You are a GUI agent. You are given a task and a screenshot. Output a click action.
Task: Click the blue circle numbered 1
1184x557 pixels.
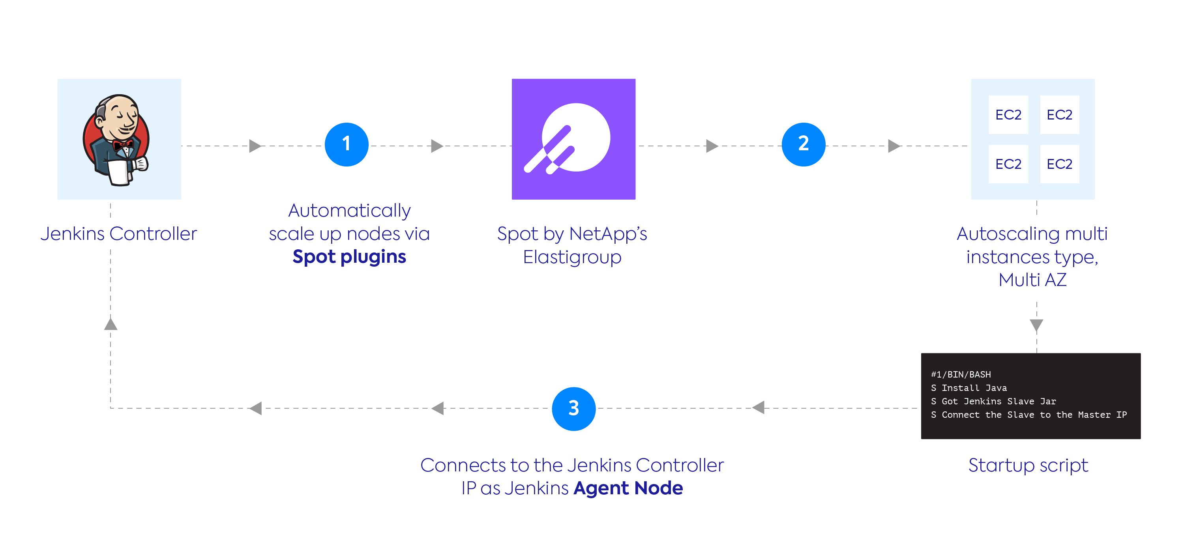[347, 144]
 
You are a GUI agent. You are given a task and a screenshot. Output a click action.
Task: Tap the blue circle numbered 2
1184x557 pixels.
[803, 144]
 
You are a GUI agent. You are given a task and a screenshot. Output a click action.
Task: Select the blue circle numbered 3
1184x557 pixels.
[573, 409]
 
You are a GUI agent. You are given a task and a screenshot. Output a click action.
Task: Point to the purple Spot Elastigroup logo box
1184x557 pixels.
[573, 139]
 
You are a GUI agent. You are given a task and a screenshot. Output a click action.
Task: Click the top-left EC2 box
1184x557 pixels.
[1008, 115]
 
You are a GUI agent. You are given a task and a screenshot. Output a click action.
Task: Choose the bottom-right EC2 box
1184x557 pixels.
[1059, 164]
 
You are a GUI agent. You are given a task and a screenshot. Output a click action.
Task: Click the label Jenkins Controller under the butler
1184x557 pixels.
[118, 234]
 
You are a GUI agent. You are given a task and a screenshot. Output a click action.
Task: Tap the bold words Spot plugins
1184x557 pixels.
[349, 257]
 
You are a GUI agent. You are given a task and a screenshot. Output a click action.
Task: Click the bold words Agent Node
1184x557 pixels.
[628, 488]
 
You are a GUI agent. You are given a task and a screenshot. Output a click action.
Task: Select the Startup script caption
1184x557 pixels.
[1028, 465]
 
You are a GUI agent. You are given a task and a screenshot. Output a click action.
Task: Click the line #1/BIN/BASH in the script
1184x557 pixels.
[961, 374]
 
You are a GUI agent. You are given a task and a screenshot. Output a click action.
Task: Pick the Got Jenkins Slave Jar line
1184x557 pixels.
[993, 401]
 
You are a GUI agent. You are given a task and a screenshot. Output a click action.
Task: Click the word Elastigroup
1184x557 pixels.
[572, 257]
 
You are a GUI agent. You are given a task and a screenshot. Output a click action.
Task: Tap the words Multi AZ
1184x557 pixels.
[1032, 280]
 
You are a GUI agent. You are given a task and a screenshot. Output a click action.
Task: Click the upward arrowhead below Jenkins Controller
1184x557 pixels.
[111, 325]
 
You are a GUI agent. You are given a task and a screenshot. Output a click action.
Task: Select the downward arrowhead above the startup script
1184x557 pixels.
[1036, 325]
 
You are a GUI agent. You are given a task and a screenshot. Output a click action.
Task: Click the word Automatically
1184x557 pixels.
[349, 211]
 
